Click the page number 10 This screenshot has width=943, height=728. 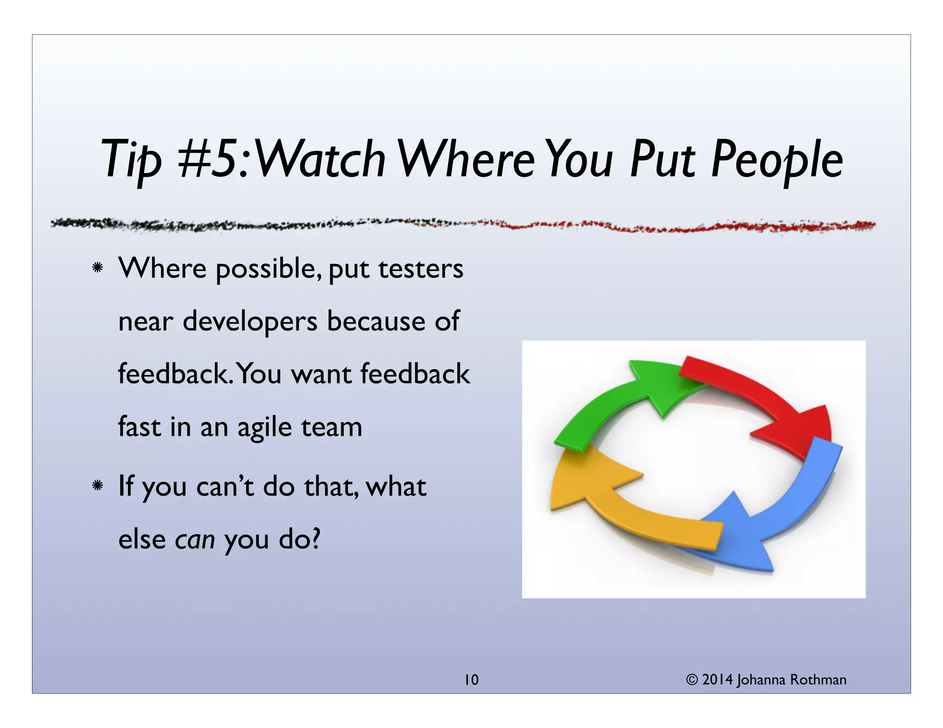(x=471, y=680)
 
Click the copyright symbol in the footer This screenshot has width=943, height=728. (x=692, y=680)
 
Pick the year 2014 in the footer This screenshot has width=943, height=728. (x=717, y=680)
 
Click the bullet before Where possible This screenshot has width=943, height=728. (x=97, y=267)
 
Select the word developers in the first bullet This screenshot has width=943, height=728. (x=250, y=321)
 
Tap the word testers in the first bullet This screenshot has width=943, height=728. (x=421, y=269)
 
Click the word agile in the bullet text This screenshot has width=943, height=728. (x=264, y=428)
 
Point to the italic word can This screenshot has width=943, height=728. (x=195, y=539)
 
